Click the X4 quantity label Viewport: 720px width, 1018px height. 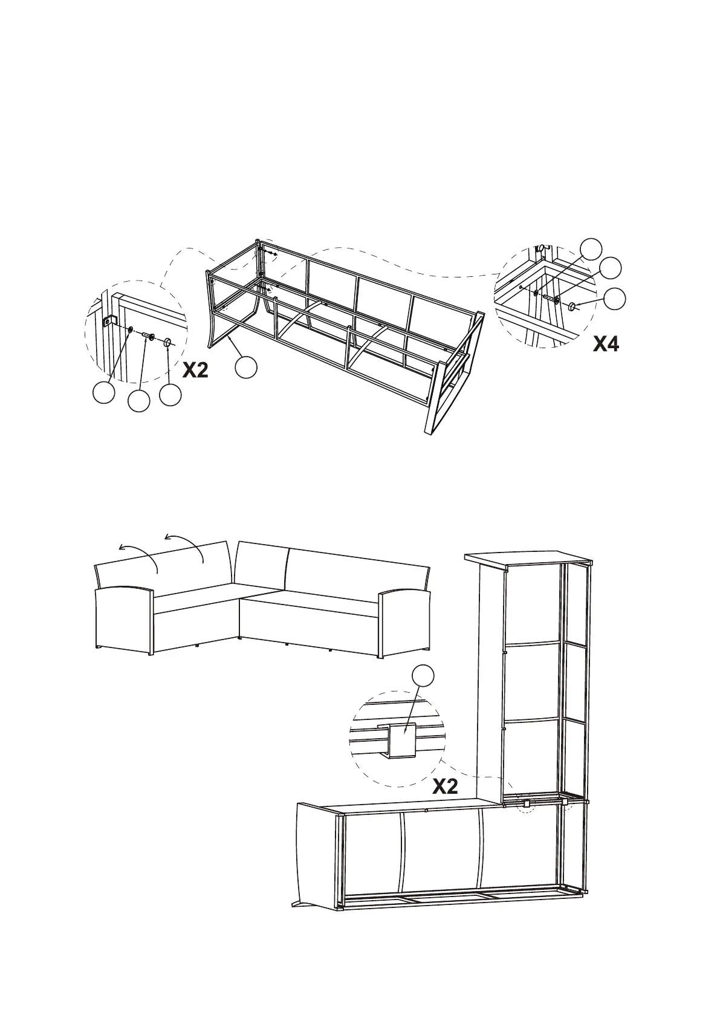(x=606, y=344)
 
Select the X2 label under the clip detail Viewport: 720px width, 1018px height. (x=445, y=786)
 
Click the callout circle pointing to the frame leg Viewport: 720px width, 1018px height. (x=246, y=367)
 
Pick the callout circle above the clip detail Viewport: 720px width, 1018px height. (x=423, y=676)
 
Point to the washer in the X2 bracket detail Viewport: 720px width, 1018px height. (x=129, y=329)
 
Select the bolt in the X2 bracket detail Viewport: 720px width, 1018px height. (x=148, y=336)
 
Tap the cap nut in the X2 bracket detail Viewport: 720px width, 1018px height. (x=167, y=342)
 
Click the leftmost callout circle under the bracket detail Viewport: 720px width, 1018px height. (x=103, y=393)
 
